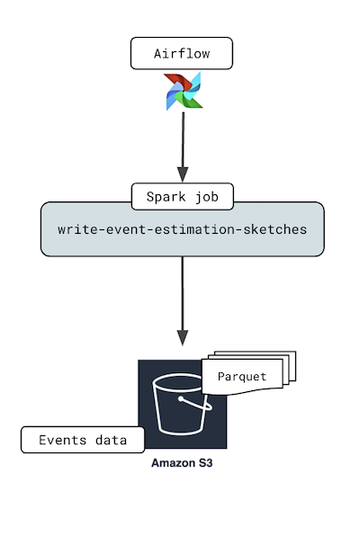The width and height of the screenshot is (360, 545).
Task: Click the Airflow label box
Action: tap(182, 54)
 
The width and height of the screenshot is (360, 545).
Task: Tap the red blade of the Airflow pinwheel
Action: tap(174, 83)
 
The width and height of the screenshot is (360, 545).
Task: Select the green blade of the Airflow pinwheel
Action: tap(191, 100)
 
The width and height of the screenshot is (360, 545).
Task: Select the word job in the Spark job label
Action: tap(204, 196)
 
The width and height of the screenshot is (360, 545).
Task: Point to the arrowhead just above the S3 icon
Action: tap(183, 338)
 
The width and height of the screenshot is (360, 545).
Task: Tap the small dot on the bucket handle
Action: tap(182, 397)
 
